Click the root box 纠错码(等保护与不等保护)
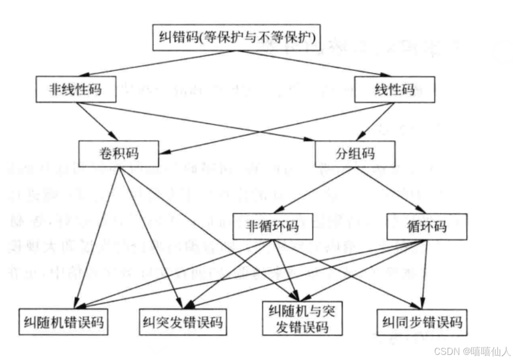tap(236, 38)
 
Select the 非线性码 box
tap(68, 89)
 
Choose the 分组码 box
tap(355, 152)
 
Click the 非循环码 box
tap(272, 227)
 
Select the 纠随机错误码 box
tap(63, 323)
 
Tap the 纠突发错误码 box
tap(182, 323)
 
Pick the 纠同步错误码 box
tap(422, 322)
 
